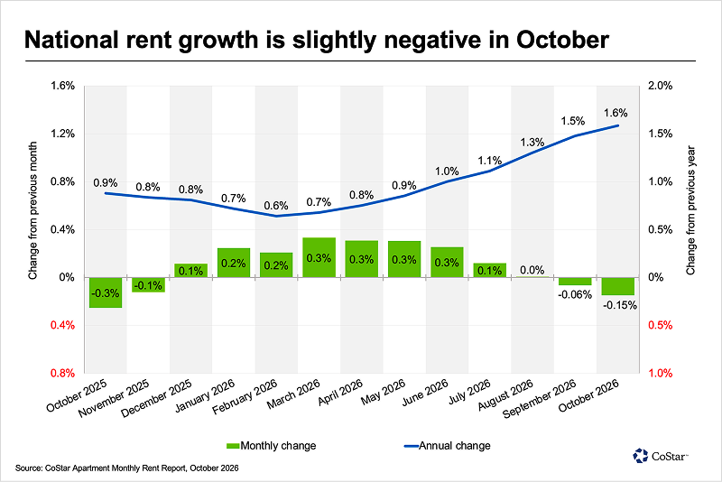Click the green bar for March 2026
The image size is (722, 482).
(x=319, y=257)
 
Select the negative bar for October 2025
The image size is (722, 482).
(x=106, y=292)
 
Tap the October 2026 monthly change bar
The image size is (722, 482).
(x=617, y=286)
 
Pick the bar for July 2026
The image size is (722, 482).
(x=489, y=270)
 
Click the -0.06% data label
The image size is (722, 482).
(x=575, y=294)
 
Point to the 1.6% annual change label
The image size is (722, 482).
(x=616, y=113)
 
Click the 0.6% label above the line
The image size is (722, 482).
(x=276, y=205)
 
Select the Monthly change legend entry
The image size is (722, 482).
(x=272, y=446)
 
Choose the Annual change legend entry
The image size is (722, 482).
(x=447, y=446)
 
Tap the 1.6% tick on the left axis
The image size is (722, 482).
(x=62, y=86)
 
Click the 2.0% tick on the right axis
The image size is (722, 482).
(x=661, y=86)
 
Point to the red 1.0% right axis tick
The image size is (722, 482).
(x=661, y=373)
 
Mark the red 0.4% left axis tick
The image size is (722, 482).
(x=62, y=325)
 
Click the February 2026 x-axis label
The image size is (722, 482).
(x=245, y=396)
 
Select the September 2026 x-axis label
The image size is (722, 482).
(x=539, y=398)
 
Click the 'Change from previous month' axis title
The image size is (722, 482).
(x=32, y=210)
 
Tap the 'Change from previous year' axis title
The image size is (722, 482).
(x=690, y=210)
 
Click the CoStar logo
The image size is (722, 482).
(x=661, y=456)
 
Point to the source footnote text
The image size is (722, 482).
(x=127, y=468)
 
